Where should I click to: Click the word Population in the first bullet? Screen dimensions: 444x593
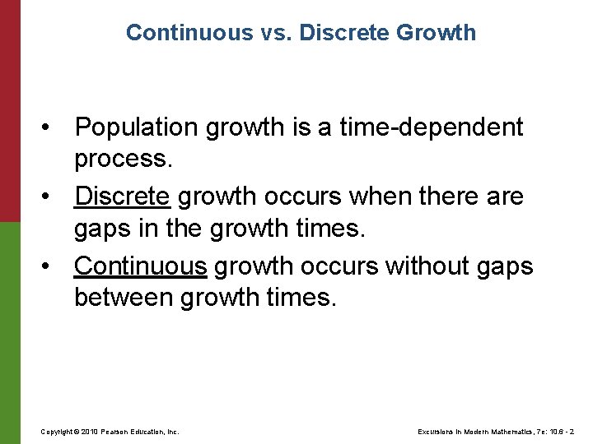click(x=137, y=127)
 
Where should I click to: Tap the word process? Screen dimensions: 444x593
click(x=123, y=158)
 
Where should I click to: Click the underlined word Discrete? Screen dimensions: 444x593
click(x=123, y=197)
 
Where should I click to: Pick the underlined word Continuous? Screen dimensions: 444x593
click(x=141, y=266)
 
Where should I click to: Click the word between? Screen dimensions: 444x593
click(x=124, y=296)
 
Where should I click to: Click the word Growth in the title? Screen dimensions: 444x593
click(x=437, y=33)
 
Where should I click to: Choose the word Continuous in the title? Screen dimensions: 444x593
click(x=190, y=33)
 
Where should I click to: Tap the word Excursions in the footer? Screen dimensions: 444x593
click(x=434, y=431)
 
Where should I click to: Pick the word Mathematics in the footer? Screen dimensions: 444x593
click(x=511, y=431)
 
